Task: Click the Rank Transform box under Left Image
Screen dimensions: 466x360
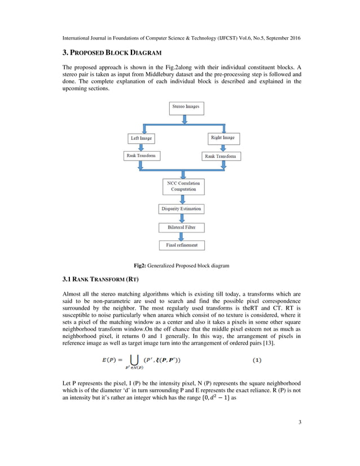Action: pos(140,156)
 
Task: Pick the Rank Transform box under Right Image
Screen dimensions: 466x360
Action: pos(221,156)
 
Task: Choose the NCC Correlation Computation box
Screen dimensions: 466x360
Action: pos(181,186)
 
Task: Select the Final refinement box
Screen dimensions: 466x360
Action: pos(181,245)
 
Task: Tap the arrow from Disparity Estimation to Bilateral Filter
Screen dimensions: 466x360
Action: pos(180,218)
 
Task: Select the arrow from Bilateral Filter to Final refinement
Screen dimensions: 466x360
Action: pos(180,236)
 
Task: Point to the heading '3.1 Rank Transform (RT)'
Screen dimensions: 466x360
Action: pos(100,280)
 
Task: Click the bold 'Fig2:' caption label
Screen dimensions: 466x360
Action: pos(140,265)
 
